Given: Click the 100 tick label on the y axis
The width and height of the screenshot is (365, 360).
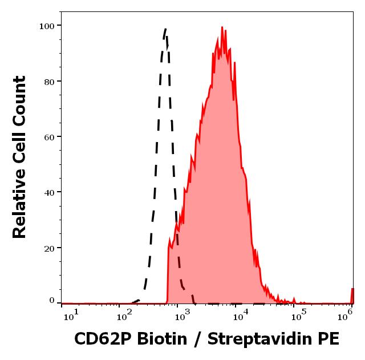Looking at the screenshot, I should (46, 26).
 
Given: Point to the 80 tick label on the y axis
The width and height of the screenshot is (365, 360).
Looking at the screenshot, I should (48, 82).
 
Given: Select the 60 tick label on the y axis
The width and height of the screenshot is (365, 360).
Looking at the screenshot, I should (48, 137).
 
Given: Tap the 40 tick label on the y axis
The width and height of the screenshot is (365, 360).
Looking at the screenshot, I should (48, 192).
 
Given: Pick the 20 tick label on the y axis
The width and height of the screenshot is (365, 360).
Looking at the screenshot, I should (48, 248).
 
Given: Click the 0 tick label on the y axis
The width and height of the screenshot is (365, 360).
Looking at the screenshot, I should (51, 301).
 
